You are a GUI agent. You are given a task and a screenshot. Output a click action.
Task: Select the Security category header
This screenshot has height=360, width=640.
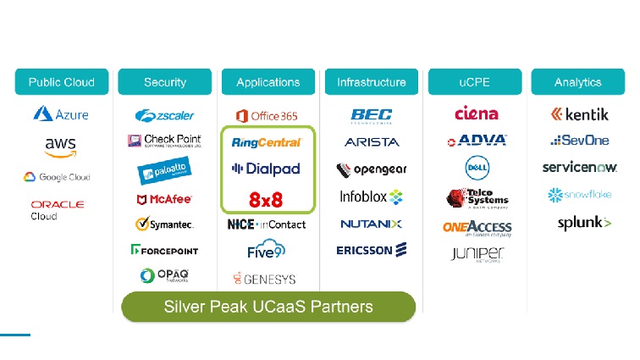point(164,82)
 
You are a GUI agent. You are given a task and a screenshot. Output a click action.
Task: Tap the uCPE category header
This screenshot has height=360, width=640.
point(475,82)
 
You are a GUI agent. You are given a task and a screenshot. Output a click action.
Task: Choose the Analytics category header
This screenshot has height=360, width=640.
point(577,82)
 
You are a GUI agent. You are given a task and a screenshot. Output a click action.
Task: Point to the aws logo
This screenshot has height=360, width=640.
point(60,147)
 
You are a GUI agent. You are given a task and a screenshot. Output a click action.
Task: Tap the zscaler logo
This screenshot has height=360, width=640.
point(164,114)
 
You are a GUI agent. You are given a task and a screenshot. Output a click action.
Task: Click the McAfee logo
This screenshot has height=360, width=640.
point(164,200)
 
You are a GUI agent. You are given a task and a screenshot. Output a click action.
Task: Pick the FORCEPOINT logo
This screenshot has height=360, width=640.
point(164,250)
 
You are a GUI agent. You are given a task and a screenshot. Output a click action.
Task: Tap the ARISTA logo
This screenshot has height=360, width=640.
point(371,142)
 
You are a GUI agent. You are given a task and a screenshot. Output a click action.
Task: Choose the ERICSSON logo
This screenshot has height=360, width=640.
point(371,249)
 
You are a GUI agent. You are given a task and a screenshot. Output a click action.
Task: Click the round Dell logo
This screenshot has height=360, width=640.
point(477,168)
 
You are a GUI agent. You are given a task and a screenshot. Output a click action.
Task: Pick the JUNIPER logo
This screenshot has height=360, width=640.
point(477,254)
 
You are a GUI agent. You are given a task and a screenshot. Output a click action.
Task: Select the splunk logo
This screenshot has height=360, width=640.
point(583,223)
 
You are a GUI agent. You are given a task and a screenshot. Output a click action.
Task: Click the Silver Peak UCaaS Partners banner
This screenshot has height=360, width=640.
point(268,307)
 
